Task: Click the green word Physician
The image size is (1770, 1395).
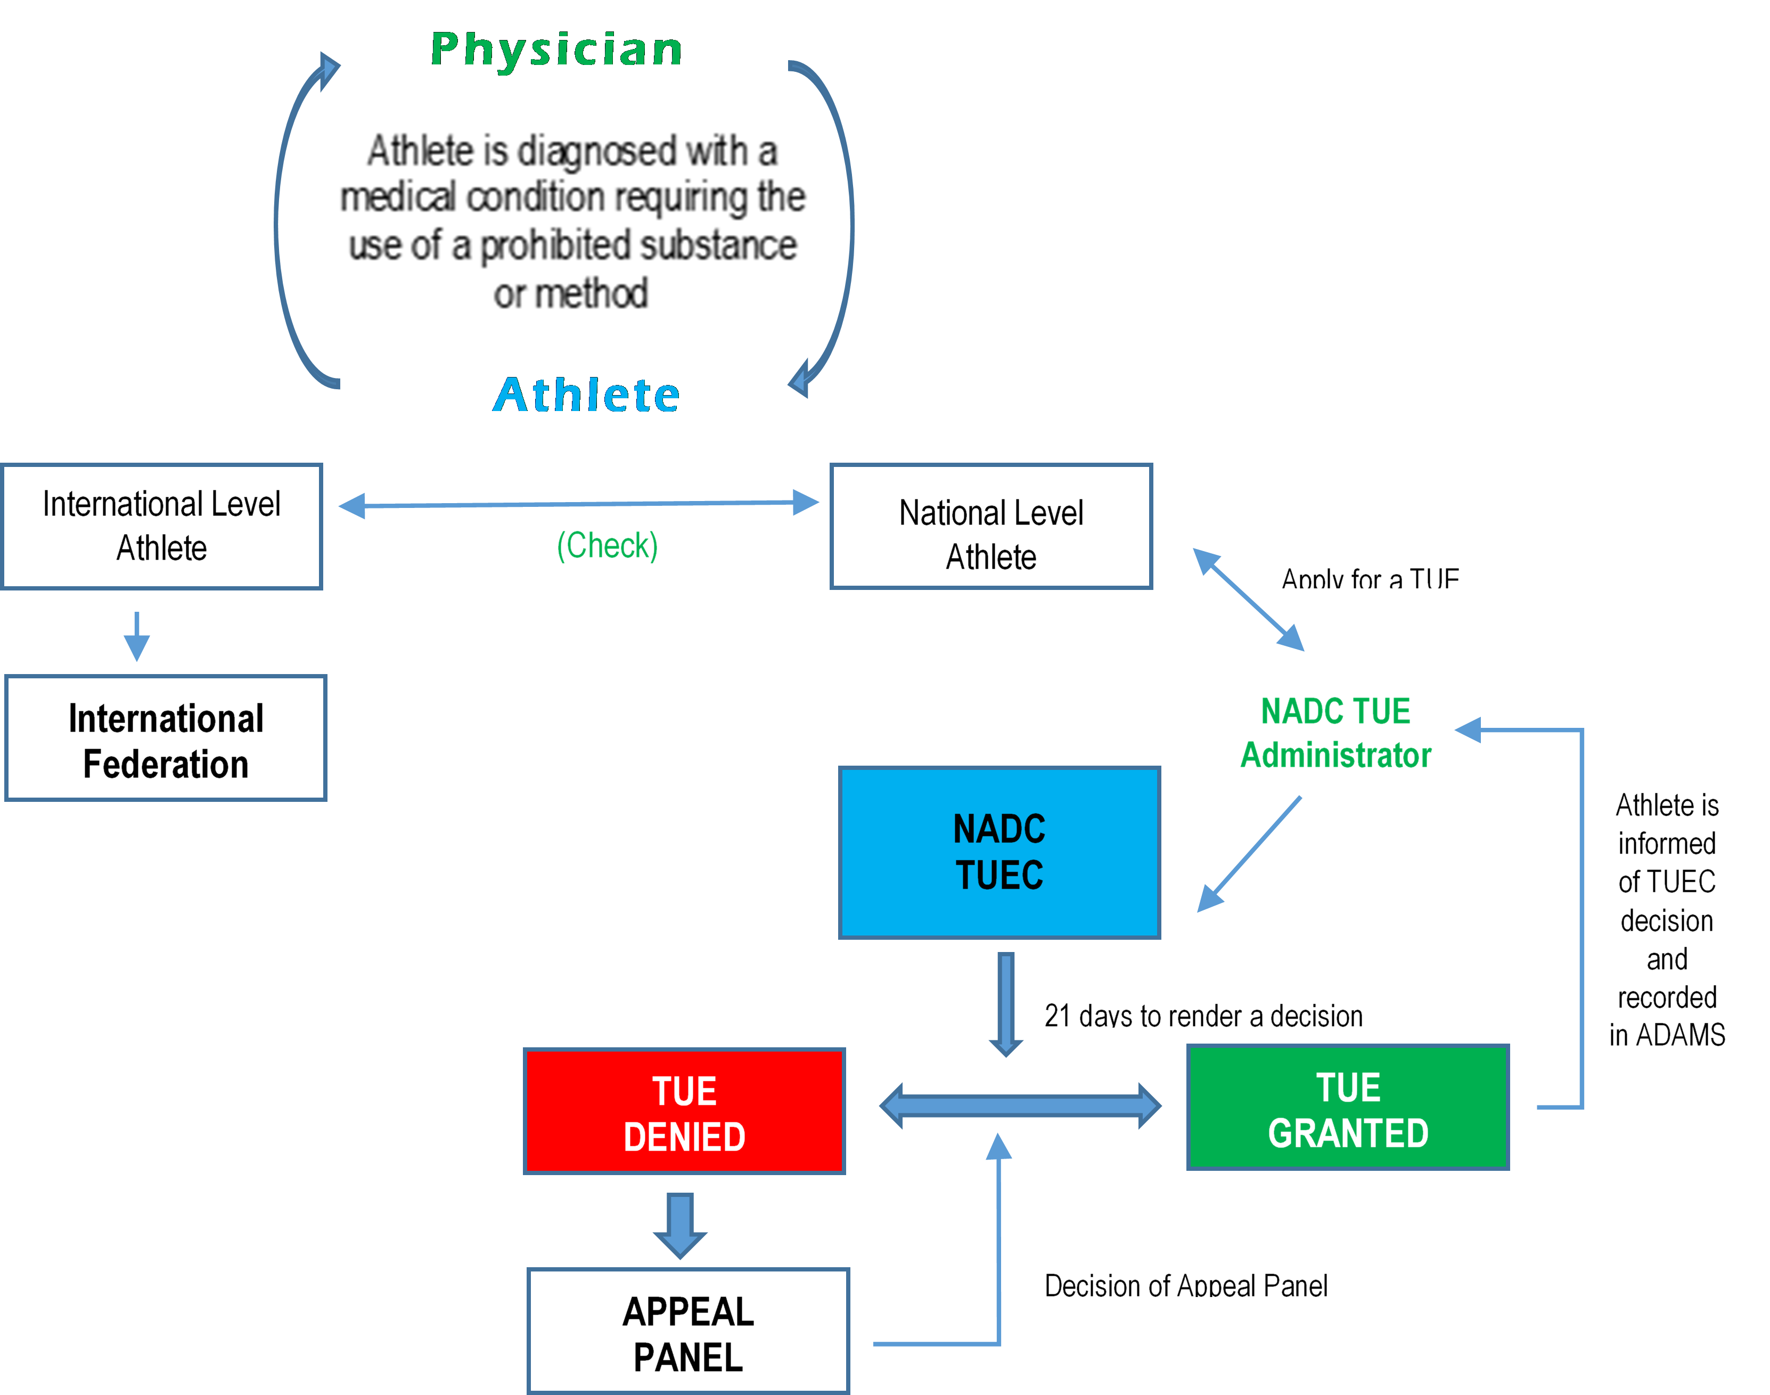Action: pyautogui.click(x=556, y=50)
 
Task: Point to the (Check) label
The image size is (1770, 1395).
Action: pyautogui.click(x=607, y=546)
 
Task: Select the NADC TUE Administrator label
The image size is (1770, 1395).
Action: pyautogui.click(x=1335, y=733)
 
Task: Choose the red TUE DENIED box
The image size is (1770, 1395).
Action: pyautogui.click(x=684, y=1111)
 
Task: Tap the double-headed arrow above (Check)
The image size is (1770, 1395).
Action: pyautogui.click(x=578, y=504)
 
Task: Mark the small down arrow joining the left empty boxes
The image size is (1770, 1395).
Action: pyautogui.click(x=136, y=636)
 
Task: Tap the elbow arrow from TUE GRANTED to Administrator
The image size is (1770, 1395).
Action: pyautogui.click(x=1581, y=915)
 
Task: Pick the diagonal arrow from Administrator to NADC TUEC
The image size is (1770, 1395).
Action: pyautogui.click(x=1250, y=854)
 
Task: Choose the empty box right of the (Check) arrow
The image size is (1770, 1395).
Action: pyautogui.click(x=991, y=526)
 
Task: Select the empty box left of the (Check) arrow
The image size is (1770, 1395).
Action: pyautogui.click(x=162, y=526)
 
